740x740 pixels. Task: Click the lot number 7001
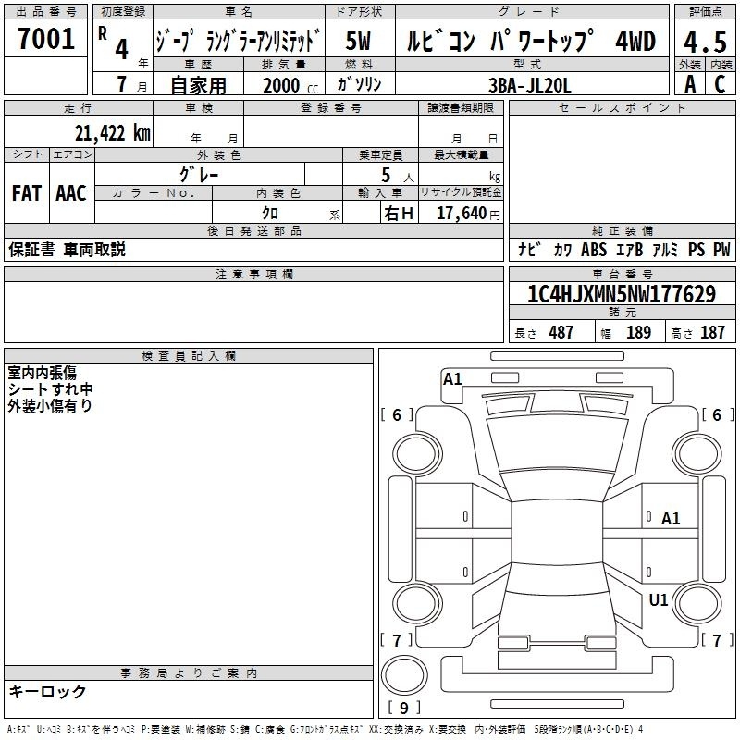[46, 39]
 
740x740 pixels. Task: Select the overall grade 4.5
[705, 42]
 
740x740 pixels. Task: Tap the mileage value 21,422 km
[112, 133]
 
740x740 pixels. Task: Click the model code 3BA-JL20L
[529, 85]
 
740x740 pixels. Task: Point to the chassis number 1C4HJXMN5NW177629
[622, 294]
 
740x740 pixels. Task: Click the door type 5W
[358, 41]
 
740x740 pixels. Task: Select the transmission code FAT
[27, 193]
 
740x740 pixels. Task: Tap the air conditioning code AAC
[71, 193]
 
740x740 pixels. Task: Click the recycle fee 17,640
[462, 214]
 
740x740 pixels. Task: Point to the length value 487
[561, 332]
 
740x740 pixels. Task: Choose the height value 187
[712, 332]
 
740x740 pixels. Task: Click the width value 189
[638, 332]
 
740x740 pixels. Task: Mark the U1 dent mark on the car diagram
[659, 599]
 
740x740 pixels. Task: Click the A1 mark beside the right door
[671, 519]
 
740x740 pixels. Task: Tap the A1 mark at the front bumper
[452, 379]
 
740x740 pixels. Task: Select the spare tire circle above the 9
[404, 674]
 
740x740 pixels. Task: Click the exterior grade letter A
[690, 84]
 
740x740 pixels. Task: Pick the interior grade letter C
[720, 84]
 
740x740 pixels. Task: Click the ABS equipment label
[594, 249]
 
